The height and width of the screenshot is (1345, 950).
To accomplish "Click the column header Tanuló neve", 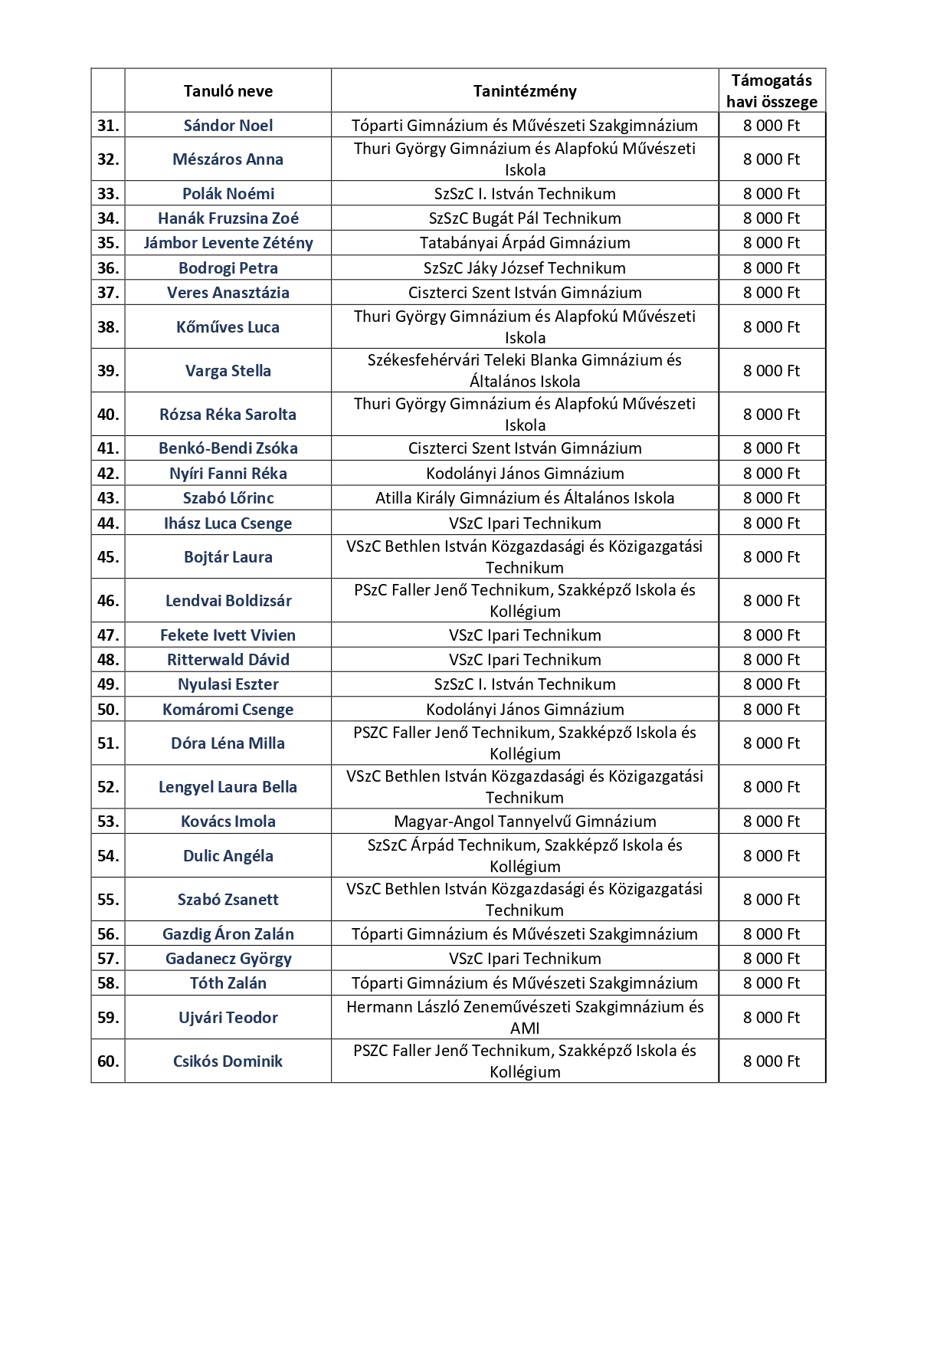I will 228,91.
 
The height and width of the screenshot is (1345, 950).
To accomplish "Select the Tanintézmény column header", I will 525,91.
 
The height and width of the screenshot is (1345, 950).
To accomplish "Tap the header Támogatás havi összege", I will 771,91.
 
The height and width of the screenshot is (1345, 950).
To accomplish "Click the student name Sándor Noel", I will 228,126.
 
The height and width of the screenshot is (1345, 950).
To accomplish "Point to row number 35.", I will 108,243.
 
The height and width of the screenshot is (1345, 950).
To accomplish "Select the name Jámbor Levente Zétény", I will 228,243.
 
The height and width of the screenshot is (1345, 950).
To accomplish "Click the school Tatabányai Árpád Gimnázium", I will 525,243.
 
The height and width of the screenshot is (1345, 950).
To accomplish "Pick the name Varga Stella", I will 228,371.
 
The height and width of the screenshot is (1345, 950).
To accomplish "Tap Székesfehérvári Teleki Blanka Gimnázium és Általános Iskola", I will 525,371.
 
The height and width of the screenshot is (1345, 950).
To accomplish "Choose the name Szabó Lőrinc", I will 228,498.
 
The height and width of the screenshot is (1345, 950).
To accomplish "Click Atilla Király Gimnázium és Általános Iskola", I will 525,498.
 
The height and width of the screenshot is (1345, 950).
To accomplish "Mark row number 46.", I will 108,601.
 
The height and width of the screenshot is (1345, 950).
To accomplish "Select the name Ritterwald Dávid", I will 228,660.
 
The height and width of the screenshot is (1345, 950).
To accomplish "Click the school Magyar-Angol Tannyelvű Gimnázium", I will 525,822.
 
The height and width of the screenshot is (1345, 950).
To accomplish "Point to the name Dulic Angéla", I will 228,856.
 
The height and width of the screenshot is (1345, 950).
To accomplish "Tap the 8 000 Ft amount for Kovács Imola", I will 771,822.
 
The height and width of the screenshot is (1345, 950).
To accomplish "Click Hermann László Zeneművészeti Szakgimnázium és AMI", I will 525,1018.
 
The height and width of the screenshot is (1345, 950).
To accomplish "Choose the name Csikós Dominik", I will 228,1061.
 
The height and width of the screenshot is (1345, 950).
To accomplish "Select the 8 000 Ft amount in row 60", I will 771,1061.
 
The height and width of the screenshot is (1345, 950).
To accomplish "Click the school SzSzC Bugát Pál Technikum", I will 525,218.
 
